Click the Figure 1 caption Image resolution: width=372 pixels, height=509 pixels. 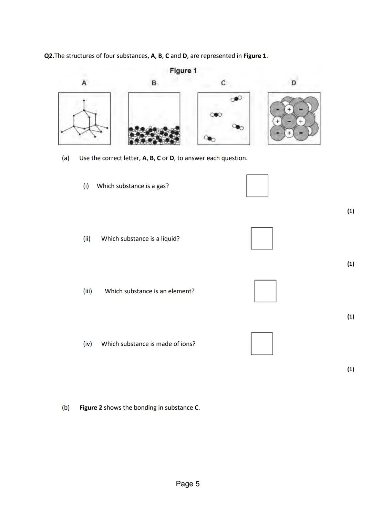(x=183, y=71)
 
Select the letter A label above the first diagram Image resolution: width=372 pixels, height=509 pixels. (x=84, y=83)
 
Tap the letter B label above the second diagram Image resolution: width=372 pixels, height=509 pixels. (x=154, y=83)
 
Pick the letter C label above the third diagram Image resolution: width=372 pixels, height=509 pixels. (x=223, y=83)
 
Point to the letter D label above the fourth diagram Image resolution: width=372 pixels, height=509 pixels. (x=293, y=83)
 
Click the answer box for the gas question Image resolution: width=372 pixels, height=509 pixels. (x=257, y=186)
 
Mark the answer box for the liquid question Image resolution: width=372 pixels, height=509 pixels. (x=262, y=238)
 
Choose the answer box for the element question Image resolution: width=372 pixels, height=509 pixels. (x=265, y=291)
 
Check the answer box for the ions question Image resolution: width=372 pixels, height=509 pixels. (x=262, y=344)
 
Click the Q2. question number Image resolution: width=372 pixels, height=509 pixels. (x=49, y=56)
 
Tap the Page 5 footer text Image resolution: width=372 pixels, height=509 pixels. (x=188, y=484)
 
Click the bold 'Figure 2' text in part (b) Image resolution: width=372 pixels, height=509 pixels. (x=91, y=408)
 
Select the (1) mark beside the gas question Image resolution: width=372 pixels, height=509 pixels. (x=350, y=211)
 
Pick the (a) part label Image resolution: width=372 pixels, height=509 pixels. (x=65, y=158)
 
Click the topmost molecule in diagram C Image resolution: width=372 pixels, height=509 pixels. (x=236, y=99)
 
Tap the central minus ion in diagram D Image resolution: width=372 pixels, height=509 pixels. (x=289, y=121)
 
